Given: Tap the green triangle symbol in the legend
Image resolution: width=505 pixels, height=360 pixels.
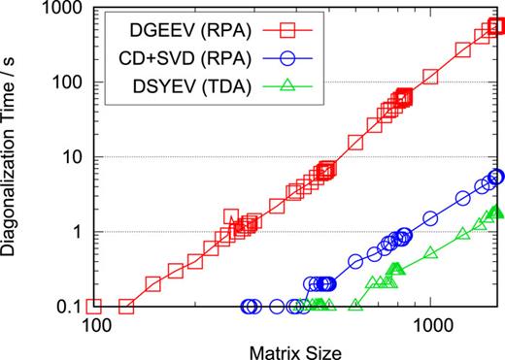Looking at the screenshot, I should [262, 82].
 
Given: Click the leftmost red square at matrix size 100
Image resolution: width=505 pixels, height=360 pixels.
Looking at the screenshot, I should [94, 307].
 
